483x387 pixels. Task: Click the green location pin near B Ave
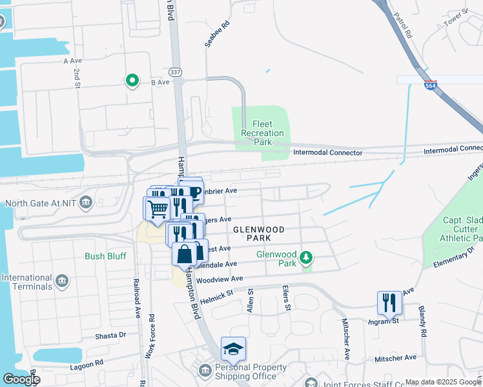pyautogui.click(x=132, y=81)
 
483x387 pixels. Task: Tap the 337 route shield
pyautogui.click(x=174, y=71)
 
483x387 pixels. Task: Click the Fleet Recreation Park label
pyautogui.click(x=262, y=133)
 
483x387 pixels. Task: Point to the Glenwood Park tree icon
pyautogui.click(x=307, y=259)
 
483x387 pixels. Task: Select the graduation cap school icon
pyautogui.click(x=233, y=349)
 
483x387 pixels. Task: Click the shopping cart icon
pyautogui.click(x=157, y=208)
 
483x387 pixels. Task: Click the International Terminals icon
pyautogui.click(x=62, y=281)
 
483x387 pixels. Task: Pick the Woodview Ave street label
pyautogui.click(x=220, y=279)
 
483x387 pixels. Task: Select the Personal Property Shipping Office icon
pyautogui.click(x=205, y=371)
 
